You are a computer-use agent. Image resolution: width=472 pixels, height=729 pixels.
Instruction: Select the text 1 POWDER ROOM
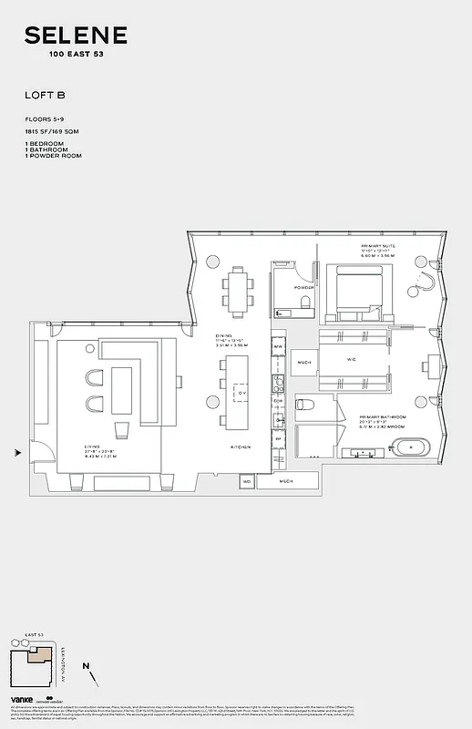(x=54, y=156)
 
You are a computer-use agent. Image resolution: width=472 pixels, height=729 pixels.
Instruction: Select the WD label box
(x=246, y=480)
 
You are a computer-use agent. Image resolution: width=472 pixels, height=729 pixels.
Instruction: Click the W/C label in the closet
(x=351, y=359)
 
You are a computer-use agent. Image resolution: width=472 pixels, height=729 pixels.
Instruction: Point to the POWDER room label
(x=303, y=287)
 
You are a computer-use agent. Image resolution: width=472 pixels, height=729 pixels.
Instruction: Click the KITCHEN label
(x=240, y=447)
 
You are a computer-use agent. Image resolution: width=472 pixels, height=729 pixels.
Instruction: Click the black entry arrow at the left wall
(x=16, y=451)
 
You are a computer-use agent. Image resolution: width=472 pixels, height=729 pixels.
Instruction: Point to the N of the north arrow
(x=85, y=668)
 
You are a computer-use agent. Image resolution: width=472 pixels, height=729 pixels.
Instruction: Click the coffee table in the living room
(x=122, y=430)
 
